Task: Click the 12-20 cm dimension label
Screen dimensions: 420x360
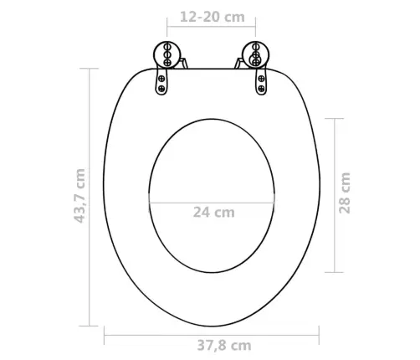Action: [x=213, y=17]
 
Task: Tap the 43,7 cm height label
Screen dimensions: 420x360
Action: [x=79, y=196]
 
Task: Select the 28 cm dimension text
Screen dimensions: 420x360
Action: [x=345, y=193]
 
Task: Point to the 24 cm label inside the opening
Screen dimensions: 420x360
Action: [x=214, y=213]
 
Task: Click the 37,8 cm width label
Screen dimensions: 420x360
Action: [x=224, y=346]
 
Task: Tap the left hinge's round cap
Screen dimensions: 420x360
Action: [x=167, y=54]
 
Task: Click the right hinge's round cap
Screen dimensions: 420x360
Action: [x=256, y=54]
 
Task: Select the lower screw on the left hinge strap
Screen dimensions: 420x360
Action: [x=161, y=89]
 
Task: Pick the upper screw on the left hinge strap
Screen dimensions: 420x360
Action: [x=161, y=79]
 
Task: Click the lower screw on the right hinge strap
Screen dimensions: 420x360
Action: [x=261, y=89]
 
